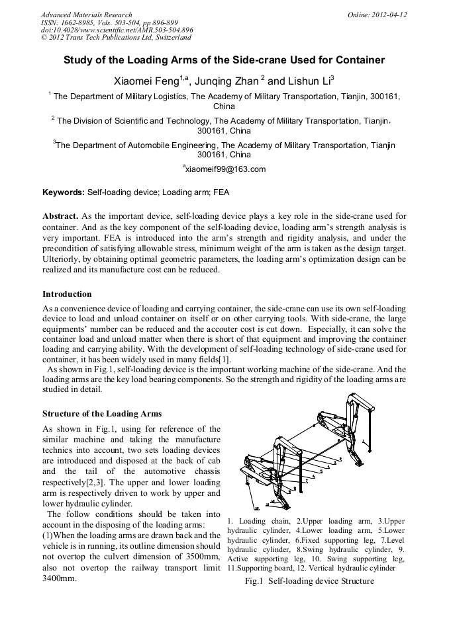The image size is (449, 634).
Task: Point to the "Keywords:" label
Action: point(64,193)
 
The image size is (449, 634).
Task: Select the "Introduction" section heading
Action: point(67,294)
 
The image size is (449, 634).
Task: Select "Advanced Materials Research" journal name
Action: point(86,15)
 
